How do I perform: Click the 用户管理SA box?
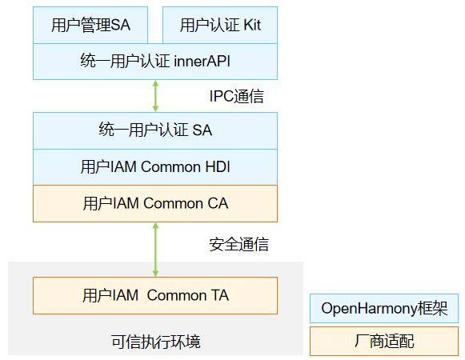pyautogui.click(x=90, y=26)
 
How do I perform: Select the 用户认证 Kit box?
pyautogui.click(x=220, y=26)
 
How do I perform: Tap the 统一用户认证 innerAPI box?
pyautogui.click(x=155, y=62)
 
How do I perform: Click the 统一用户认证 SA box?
pyautogui.click(x=155, y=130)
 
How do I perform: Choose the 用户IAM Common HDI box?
pyautogui.click(x=155, y=167)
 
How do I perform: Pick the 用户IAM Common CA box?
pyautogui.click(x=155, y=203)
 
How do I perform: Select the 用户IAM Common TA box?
pyautogui.click(x=155, y=295)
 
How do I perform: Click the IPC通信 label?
pyautogui.click(x=236, y=96)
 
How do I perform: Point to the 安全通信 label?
pyautogui.click(x=239, y=244)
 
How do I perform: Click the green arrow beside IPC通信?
pyautogui.click(x=155, y=96)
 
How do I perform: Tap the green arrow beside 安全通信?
pyautogui.click(x=155, y=250)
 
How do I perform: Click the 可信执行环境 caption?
pyautogui.click(x=156, y=342)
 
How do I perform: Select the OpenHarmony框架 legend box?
pyautogui.click(x=384, y=309)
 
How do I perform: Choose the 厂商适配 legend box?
pyautogui.click(x=384, y=341)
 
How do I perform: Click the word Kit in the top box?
pyautogui.click(x=252, y=25)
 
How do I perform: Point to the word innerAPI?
pyautogui.click(x=202, y=62)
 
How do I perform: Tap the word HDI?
pyautogui.click(x=218, y=166)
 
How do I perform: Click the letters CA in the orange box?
pyautogui.click(x=218, y=203)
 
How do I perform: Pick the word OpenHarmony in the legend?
pyautogui.click(x=370, y=309)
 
